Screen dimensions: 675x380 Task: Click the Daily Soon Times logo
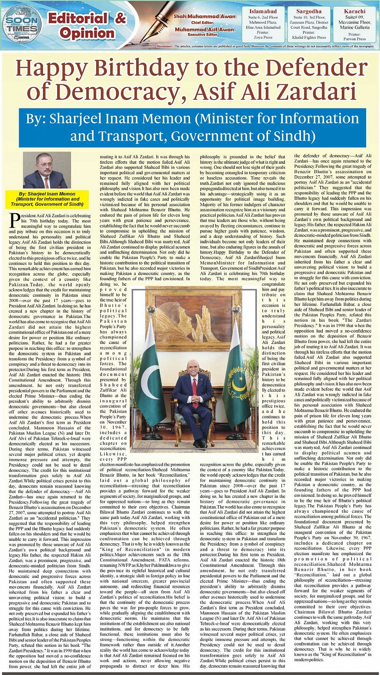[22, 23]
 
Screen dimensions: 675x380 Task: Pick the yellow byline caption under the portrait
[47, 200]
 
